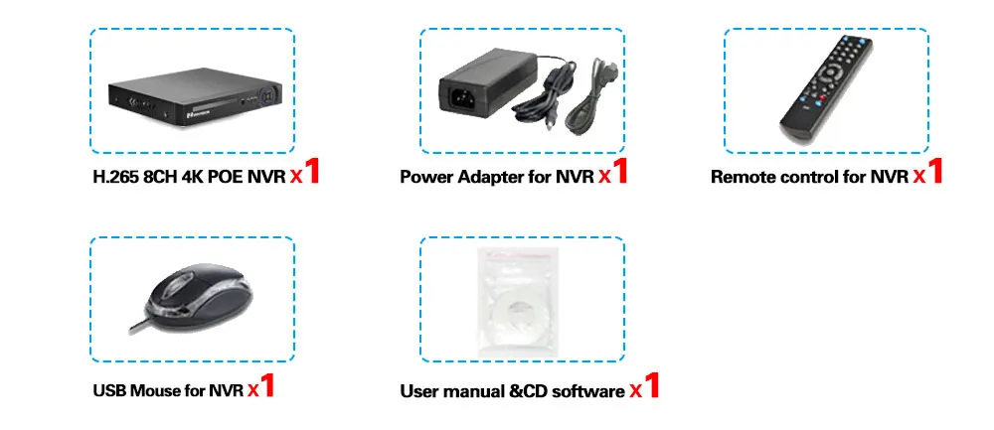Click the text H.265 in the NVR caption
coord(111,179)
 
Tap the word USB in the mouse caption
coord(110,390)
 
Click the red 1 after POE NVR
coord(311,173)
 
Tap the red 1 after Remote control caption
coord(932,173)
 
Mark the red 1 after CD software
coord(651,385)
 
